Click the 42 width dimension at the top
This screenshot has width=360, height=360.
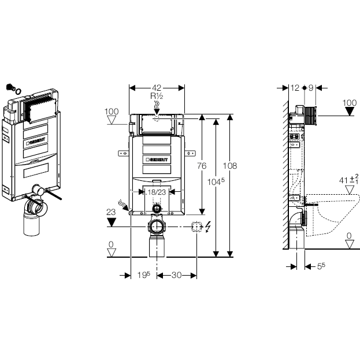click(157, 88)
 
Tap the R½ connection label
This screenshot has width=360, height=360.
click(157, 97)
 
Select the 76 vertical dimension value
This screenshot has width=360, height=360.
click(202, 166)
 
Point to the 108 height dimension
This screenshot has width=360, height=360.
click(230, 166)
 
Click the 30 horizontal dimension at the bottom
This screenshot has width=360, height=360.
click(177, 276)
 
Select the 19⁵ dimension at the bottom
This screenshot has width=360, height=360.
click(142, 276)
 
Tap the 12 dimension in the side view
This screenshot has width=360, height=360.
click(295, 88)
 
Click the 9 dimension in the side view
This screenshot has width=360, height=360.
click(310, 88)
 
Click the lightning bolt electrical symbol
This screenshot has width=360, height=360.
click(207, 227)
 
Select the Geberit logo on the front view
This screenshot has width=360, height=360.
click(157, 158)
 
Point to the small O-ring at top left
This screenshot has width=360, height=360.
click(18, 91)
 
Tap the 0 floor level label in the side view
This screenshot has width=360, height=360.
click(348, 235)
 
